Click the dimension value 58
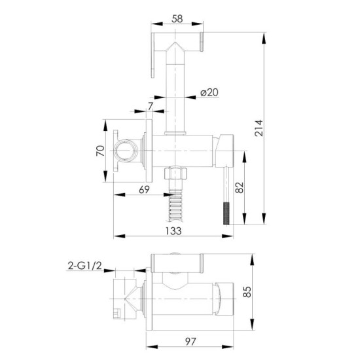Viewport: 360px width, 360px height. (177, 19)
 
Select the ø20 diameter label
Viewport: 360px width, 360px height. (209, 92)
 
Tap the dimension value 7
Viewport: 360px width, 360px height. (151, 106)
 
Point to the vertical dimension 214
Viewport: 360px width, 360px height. (259, 128)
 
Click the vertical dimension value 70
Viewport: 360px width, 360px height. (100, 151)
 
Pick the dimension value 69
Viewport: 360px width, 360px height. (144, 190)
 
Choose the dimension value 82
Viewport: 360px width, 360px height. (239, 188)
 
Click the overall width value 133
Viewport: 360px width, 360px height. (173, 231)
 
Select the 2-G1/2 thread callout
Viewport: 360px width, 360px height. (84, 266)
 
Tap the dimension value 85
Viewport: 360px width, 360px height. (247, 292)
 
